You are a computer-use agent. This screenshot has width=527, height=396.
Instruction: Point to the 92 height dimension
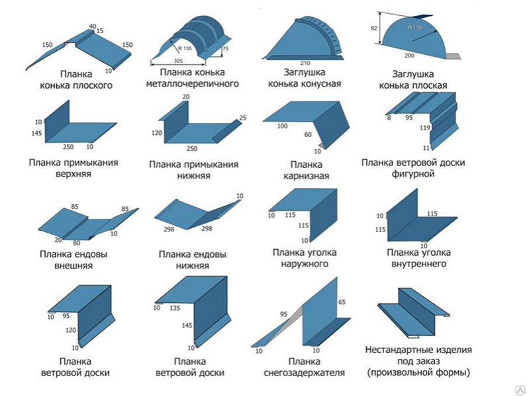pos(375,28)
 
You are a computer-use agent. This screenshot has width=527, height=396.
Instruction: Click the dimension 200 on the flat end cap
pos(410,56)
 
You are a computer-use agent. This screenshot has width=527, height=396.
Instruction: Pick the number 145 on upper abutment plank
pos(36,134)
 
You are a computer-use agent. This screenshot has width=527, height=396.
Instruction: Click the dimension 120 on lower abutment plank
pos(156,133)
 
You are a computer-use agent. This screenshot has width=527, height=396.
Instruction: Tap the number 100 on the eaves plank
pos(283,125)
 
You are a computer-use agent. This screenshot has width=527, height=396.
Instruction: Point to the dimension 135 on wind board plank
pos(175,307)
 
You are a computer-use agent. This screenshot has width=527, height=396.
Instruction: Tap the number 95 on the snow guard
pos(284,315)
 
